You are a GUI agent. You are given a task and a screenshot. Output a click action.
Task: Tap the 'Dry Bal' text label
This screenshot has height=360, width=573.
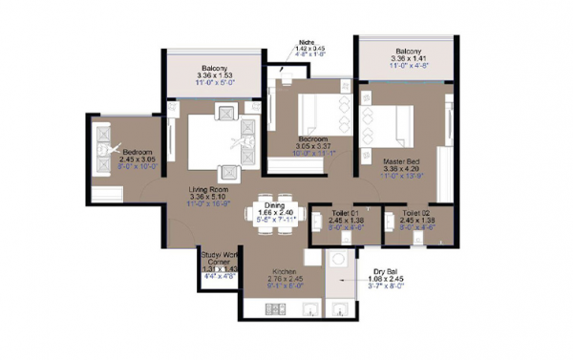tap(386, 270)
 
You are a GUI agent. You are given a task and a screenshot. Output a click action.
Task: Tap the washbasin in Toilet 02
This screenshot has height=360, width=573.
tap(390, 224)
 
